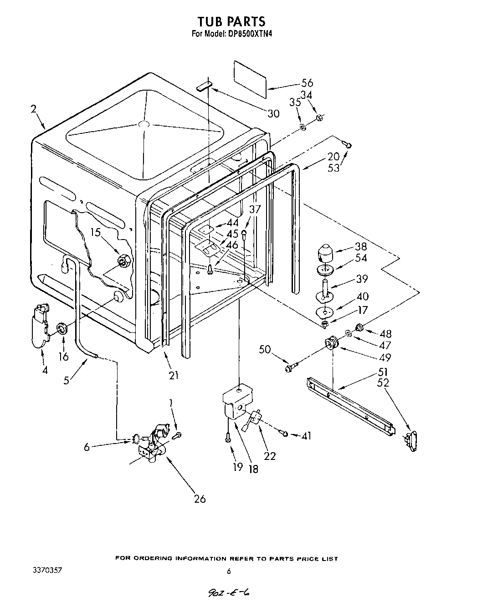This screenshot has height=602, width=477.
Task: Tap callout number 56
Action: [x=307, y=83]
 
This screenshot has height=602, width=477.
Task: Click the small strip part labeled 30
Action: [x=205, y=86]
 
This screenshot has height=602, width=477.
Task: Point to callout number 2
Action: [x=34, y=109]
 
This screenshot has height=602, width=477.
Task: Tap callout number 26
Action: [x=200, y=499]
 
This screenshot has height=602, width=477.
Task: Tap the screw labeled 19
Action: [x=226, y=438]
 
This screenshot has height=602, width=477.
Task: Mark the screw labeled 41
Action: [x=284, y=434]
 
